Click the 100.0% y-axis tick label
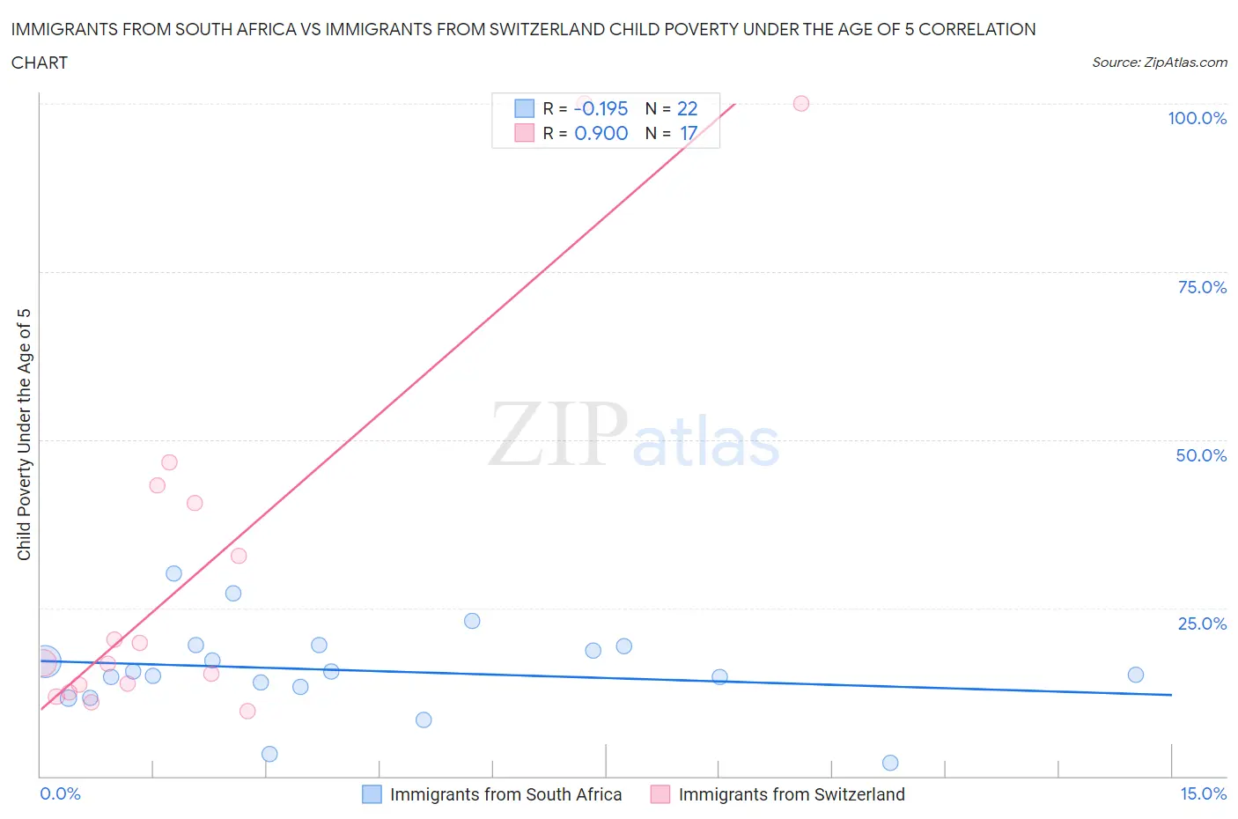pyautogui.click(x=1197, y=118)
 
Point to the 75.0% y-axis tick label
pyautogui.click(x=1202, y=287)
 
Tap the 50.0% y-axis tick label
pyautogui.click(x=1201, y=455)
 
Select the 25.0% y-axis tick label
pyautogui.click(x=1202, y=623)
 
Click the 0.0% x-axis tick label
pyautogui.click(x=60, y=793)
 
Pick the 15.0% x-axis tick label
pyautogui.click(x=1203, y=793)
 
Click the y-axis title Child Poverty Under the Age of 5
pyautogui.click(x=24, y=434)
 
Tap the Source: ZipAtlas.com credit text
pyautogui.click(x=1159, y=62)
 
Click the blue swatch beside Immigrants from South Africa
pyautogui.click(x=372, y=794)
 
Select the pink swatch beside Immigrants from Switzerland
pyautogui.click(x=660, y=794)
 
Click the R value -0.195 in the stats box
pyautogui.click(x=601, y=108)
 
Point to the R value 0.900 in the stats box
pyautogui.click(x=601, y=133)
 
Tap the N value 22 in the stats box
pyautogui.click(x=687, y=108)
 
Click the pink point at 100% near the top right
pyautogui.click(x=801, y=103)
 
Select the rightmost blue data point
pyautogui.click(x=1136, y=675)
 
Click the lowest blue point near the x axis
pyautogui.click(x=890, y=763)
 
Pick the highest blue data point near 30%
pyautogui.click(x=173, y=573)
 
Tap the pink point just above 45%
pyautogui.click(x=169, y=462)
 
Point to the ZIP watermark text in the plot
pyautogui.click(x=557, y=434)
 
